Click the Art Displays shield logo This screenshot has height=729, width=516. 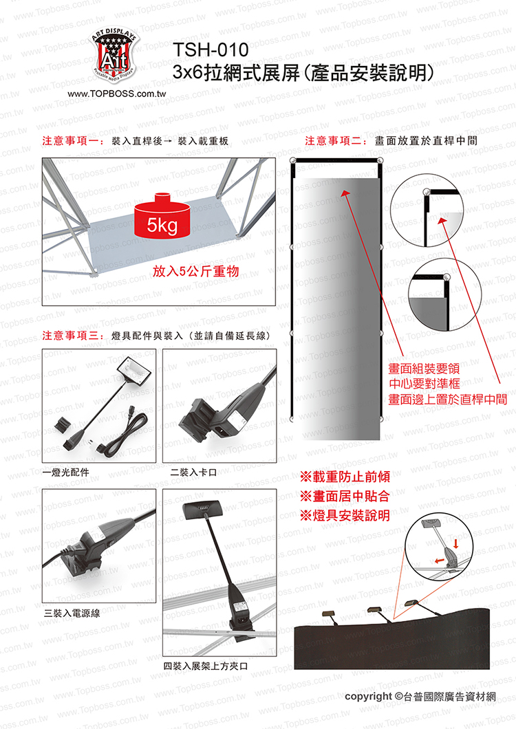114,55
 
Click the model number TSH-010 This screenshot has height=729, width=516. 211,50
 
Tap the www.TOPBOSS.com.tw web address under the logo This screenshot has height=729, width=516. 116,94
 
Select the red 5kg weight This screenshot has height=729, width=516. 162,217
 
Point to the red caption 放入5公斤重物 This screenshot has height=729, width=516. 196,271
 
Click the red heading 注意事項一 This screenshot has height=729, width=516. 73,141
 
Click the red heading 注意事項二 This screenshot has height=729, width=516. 336,141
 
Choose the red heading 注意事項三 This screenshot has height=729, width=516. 73,335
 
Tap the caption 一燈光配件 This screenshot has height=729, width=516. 65,472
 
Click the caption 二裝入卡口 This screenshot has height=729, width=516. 193,472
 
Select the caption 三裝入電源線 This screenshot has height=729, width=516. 72,613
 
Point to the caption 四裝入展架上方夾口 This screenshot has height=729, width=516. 205,666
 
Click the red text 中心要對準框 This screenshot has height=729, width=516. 424,384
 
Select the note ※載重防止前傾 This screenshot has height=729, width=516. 345,477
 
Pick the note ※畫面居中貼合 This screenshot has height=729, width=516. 345,496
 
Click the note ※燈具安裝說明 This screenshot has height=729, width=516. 345,516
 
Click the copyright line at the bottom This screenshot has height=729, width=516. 420,697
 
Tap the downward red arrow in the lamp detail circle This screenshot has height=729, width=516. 456,543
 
